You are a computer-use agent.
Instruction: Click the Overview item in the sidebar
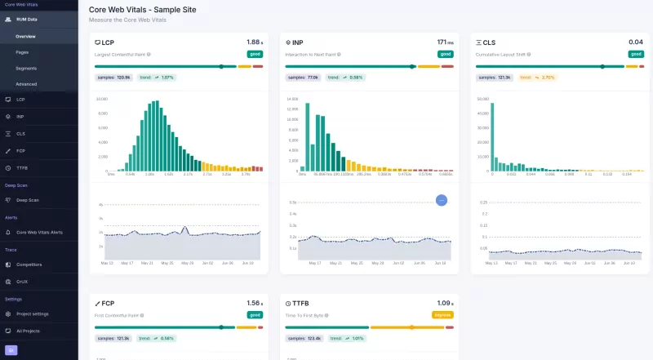25,36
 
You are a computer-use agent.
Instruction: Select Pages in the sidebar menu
23,51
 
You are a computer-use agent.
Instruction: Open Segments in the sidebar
26,68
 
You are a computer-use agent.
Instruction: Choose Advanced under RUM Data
26,84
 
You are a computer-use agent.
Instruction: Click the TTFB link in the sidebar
22,166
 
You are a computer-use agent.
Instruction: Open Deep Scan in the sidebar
27,200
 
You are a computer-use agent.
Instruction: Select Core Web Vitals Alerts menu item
39,233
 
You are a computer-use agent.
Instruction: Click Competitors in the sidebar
29,264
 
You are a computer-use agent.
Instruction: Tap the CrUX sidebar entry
23,281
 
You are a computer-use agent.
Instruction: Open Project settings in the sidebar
33,313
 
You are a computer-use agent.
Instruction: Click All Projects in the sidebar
28,331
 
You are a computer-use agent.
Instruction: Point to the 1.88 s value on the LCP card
254,42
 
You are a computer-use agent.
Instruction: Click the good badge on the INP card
445,54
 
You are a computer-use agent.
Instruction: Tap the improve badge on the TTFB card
442,314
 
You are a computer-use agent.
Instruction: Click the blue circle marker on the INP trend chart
442,200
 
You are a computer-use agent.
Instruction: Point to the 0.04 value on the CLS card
635,42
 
